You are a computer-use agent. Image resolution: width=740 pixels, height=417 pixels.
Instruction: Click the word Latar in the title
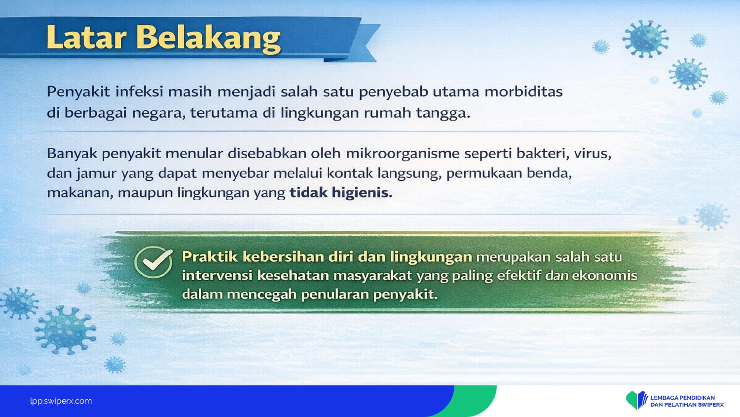86,37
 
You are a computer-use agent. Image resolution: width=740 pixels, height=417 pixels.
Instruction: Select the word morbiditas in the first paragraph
523,92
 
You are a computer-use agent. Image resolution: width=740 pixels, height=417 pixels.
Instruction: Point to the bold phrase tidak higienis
341,193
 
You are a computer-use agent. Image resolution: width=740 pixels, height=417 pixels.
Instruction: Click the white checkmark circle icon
153,262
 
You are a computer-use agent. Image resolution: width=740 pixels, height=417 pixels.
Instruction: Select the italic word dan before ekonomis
556,276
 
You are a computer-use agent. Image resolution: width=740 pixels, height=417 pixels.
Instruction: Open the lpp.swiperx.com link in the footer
61,401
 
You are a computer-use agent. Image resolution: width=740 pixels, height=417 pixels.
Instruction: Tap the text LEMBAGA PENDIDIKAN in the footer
682,398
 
